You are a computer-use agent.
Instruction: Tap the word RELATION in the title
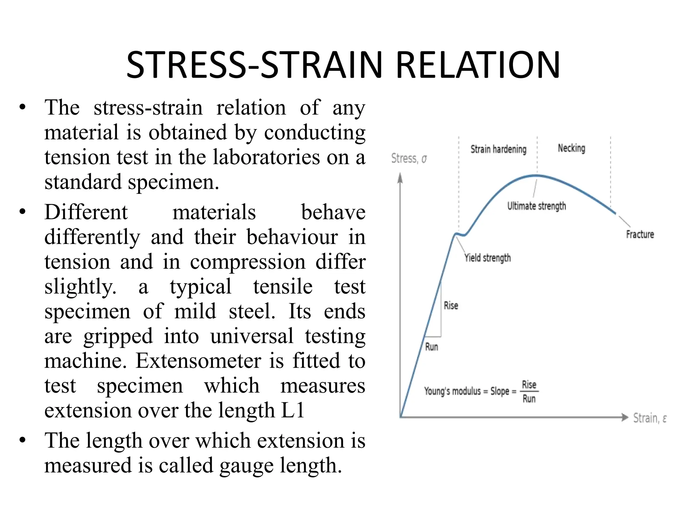478,65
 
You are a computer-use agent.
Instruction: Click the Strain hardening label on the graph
498,149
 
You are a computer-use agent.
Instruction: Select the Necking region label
571,148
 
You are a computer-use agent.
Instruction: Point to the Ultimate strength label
536,206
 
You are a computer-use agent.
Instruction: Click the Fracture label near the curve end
640,234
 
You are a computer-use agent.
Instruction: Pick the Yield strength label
487,258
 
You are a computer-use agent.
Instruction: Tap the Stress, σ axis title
409,158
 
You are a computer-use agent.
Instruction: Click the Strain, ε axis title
650,418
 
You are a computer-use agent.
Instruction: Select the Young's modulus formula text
480,391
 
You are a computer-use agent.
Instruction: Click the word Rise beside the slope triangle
451,305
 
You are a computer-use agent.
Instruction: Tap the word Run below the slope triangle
432,347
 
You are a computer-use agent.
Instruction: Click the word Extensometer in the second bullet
198,361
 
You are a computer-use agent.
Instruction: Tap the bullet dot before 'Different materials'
23,212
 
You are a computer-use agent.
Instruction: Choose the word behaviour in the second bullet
292,237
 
